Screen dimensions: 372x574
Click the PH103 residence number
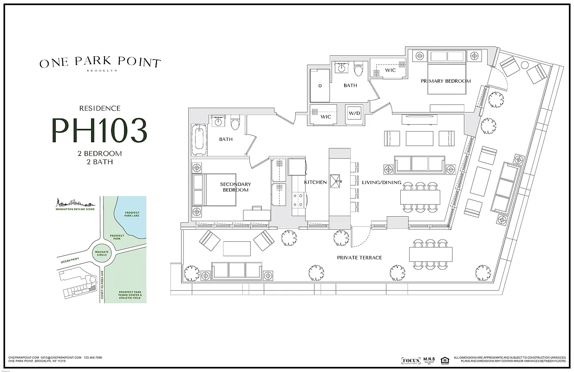(x=99, y=131)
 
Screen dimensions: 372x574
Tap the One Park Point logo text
(x=100, y=63)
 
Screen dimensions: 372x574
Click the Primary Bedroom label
(x=445, y=81)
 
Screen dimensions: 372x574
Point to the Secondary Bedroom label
(x=235, y=187)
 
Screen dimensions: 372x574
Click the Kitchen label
(x=315, y=182)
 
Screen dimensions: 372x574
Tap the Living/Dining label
(x=385, y=182)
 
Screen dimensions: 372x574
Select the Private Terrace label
(x=359, y=257)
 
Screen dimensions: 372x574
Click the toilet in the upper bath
(x=358, y=71)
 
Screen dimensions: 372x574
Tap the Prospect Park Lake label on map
(x=132, y=214)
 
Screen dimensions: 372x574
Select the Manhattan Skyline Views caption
(x=74, y=210)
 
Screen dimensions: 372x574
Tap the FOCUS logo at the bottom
(x=411, y=360)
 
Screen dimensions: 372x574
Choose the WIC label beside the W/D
(x=326, y=117)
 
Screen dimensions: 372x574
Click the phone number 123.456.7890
(x=93, y=358)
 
